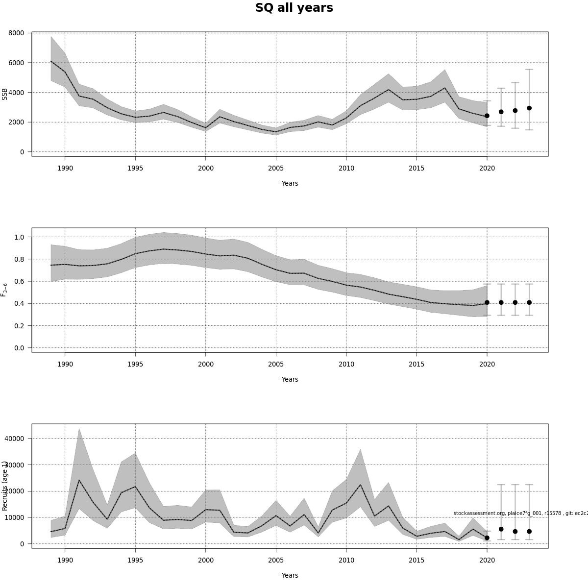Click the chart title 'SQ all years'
point(294,8)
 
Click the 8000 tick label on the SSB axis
point(16,33)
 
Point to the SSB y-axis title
point(5,94)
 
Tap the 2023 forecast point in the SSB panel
point(529,108)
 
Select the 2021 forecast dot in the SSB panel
point(501,112)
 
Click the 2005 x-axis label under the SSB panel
point(276,168)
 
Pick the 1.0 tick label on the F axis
point(19,237)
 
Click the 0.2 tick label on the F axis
point(19,326)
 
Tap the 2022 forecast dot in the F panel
point(515,302)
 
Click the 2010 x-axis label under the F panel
point(346,364)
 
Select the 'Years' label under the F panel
point(290,379)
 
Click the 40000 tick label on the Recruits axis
point(14,439)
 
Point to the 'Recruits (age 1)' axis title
point(5,486)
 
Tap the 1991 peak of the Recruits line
point(79,480)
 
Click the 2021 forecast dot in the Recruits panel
point(501,529)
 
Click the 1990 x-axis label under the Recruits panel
point(65,560)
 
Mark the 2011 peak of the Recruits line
point(360,485)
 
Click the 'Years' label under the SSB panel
point(290,183)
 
